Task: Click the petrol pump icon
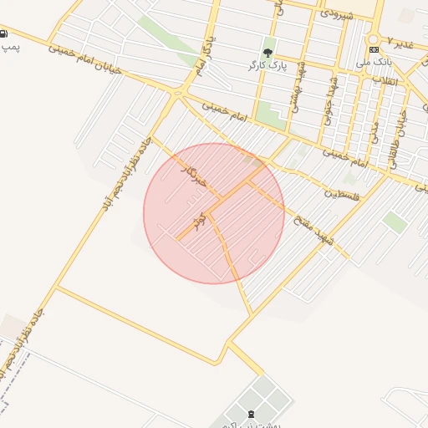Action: pos(6,35)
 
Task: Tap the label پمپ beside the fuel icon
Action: pos(10,48)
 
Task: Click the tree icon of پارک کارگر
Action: pos(268,52)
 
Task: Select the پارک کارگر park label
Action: pos(267,64)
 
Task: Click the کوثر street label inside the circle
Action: pos(199,222)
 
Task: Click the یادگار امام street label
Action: pos(201,56)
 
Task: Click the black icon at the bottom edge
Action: pos(252,415)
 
